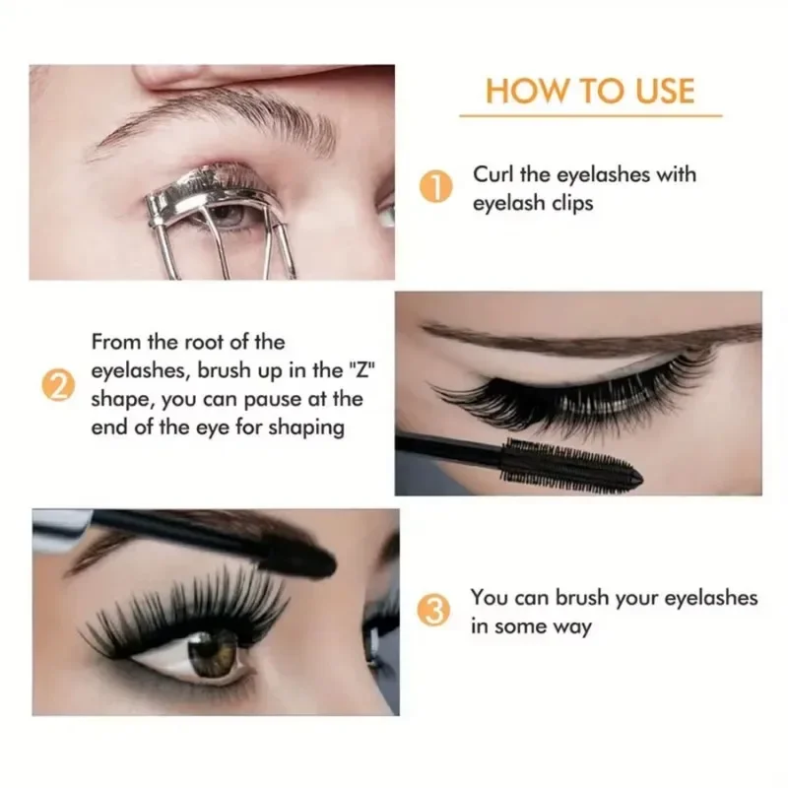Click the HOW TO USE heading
click(x=590, y=91)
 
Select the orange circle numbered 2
click(x=60, y=385)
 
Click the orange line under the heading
click(x=590, y=116)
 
